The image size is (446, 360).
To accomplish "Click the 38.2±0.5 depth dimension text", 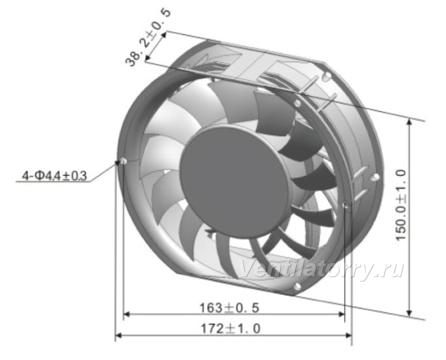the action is coord(148,38).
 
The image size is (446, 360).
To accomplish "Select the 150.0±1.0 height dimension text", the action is coord(401,205).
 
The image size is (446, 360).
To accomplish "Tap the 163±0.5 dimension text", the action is coord(229,308).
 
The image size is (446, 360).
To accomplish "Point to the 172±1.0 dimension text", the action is coord(231,329).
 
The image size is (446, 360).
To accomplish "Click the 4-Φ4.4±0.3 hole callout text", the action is coord(54,176).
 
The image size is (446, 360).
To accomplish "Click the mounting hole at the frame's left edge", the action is coord(124,161).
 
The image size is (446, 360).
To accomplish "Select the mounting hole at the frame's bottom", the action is coord(297,286).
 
